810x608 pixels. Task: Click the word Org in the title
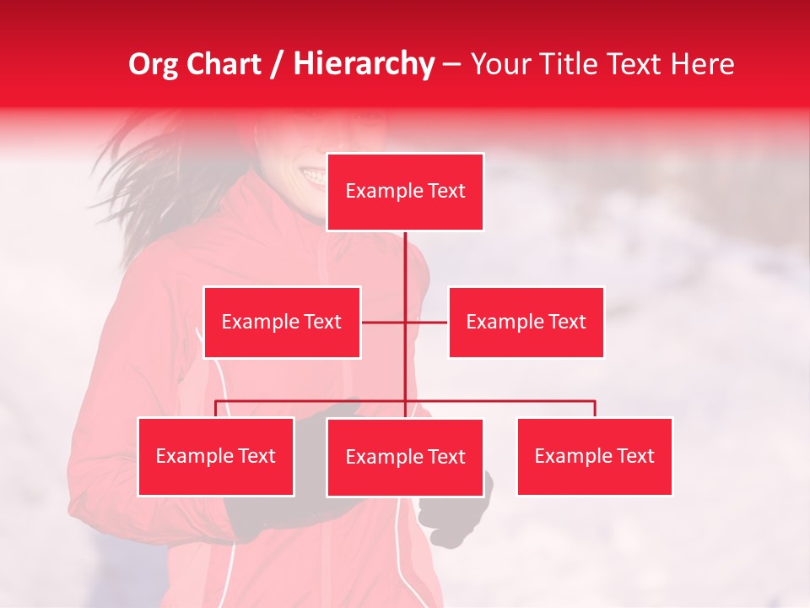pos(154,64)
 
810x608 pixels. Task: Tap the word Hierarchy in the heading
pos(364,64)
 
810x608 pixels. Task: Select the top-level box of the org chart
pos(405,192)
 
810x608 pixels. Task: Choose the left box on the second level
pos(282,322)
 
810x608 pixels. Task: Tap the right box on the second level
pos(526,322)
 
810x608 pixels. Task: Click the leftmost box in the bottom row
pos(216,456)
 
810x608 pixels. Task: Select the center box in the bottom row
pos(405,457)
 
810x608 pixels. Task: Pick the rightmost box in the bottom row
pos(594,456)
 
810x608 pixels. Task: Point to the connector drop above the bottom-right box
pos(595,409)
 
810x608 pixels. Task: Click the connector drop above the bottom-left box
pos(216,409)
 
